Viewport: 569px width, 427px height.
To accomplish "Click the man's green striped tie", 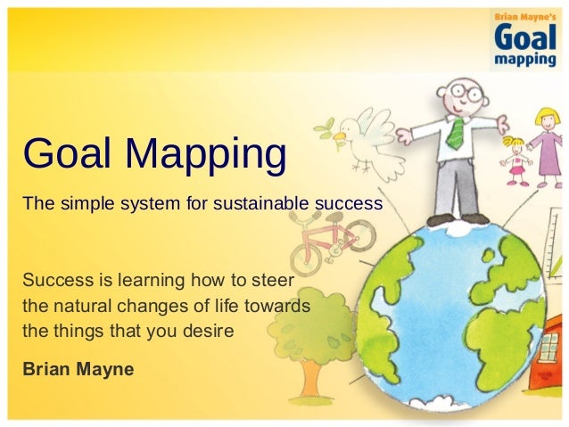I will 455,131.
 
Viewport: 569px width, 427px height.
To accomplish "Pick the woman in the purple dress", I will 547,143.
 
